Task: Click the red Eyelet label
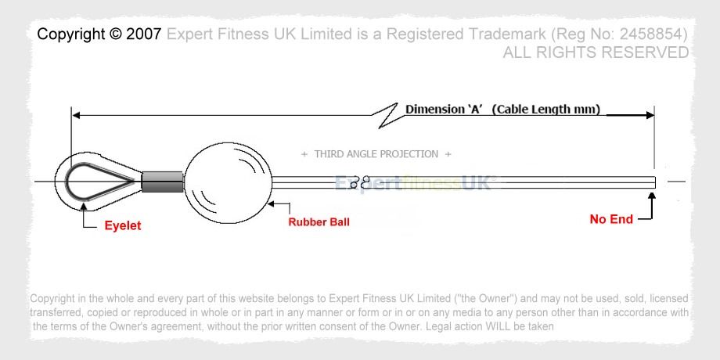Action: coord(123,225)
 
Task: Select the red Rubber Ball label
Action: coord(319,222)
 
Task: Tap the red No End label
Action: coord(611,219)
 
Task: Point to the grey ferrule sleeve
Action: coord(162,182)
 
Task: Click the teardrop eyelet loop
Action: coord(67,182)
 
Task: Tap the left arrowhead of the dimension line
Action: coord(76,115)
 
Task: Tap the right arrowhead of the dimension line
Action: coord(650,115)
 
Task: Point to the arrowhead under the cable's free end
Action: coord(652,196)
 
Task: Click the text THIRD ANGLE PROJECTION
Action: coord(376,154)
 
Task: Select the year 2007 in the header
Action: coord(144,34)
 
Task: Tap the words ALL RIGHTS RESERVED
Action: coord(596,52)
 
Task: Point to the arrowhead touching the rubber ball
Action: coord(272,203)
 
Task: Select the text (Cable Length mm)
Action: coord(546,110)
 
